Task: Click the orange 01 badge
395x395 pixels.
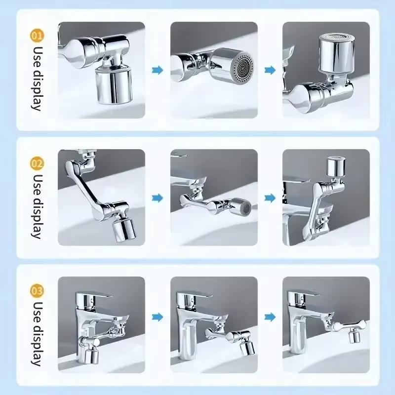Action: coord(37,36)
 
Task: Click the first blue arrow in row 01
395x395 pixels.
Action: coord(158,70)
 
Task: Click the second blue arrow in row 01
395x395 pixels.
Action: coord(270,70)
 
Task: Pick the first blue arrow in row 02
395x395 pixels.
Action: coord(158,198)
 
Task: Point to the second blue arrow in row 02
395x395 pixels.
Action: coord(270,198)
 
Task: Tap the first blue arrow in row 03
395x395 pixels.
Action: coord(158,316)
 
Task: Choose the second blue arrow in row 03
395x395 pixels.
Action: coord(270,316)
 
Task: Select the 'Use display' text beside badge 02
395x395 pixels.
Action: coord(38,205)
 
